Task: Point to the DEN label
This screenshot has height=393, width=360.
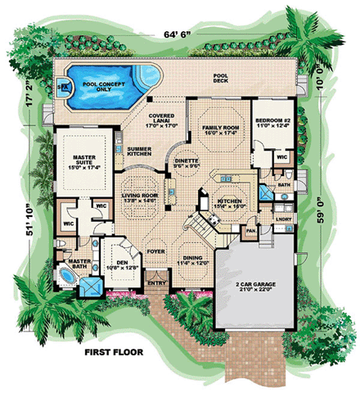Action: pos(115,264)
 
